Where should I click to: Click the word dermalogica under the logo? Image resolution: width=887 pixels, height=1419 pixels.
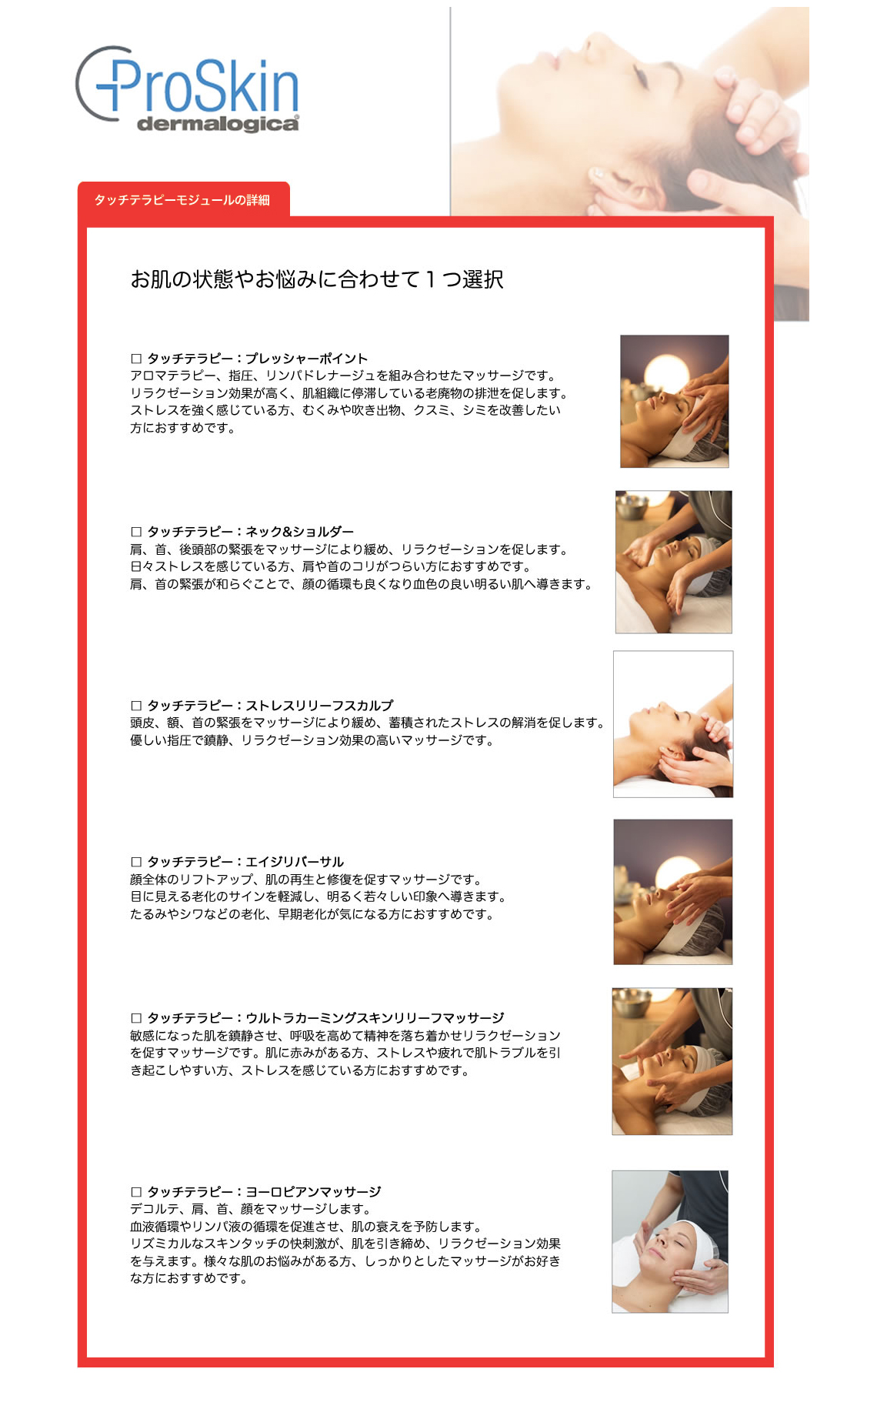click(218, 124)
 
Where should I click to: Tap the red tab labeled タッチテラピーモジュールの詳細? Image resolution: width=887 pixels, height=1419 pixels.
click(183, 200)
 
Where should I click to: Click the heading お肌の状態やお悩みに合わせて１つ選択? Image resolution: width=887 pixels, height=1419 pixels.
click(316, 279)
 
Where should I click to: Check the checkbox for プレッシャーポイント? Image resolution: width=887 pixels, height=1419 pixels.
click(136, 359)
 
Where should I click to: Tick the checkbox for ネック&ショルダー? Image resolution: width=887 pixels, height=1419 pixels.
click(136, 532)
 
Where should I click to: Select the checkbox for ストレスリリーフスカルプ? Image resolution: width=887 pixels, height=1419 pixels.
click(136, 706)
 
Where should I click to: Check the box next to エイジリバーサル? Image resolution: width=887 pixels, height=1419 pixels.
click(136, 862)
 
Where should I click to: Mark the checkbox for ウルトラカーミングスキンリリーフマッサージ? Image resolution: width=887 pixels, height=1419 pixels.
click(136, 1018)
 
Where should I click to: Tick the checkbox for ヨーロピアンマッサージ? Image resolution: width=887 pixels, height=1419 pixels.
click(136, 1192)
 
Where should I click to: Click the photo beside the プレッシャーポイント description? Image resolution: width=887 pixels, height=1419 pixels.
click(674, 401)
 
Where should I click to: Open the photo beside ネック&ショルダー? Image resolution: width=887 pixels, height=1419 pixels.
click(673, 562)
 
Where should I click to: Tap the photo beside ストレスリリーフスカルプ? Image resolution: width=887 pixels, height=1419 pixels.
click(673, 724)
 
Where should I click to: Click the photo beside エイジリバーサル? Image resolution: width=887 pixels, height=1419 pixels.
click(672, 892)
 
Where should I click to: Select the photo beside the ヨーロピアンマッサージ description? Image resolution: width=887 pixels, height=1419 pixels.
click(669, 1241)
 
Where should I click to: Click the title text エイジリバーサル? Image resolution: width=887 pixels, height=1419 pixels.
click(295, 862)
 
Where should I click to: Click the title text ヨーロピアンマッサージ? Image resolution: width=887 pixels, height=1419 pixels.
click(313, 1192)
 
